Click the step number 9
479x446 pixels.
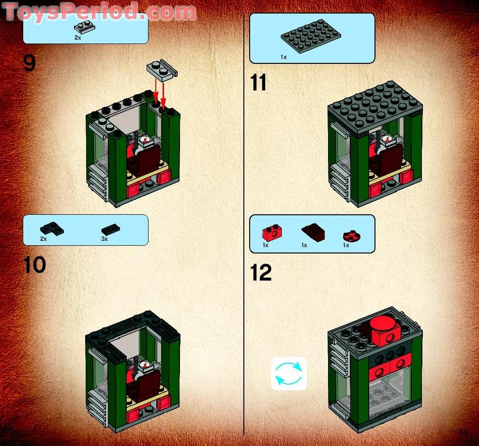coord(30,63)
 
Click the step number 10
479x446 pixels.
coord(35,265)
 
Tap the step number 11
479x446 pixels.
coord(258,83)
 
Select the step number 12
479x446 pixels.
coord(261,273)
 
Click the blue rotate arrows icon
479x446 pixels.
coord(288,373)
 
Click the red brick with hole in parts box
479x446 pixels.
coord(272,233)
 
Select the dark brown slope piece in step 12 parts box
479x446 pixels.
coord(313,233)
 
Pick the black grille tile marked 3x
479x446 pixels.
coord(111,229)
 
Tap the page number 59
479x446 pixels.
coord(463,432)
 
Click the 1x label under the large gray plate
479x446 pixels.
coord(284,57)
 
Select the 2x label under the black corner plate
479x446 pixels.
coord(44,239)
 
